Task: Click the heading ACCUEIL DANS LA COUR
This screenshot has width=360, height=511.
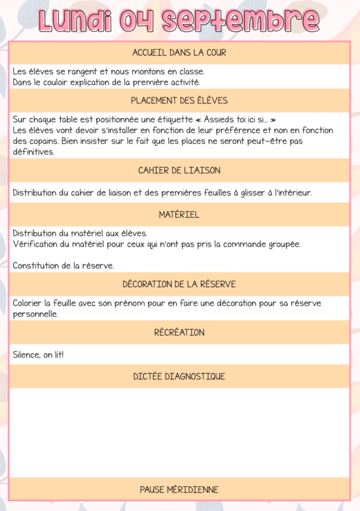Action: [x=179, y=53]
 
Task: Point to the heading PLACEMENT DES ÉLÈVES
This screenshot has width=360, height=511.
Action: [x=179, y=101]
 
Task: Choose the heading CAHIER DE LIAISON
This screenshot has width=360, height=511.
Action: [x=179, y=170]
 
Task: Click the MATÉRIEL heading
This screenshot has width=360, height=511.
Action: [x=179, y=215]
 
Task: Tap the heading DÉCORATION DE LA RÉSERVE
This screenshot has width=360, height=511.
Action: [x=179, y=284]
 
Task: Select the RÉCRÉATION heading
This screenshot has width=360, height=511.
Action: [x=179, y=332]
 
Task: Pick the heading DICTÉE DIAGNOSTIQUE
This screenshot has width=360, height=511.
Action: [x=179, y=376]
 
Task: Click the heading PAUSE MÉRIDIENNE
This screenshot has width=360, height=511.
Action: [x=179, y=489]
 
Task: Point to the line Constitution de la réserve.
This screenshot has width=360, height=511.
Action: [x=63, y=266]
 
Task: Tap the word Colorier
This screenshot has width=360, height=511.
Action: [x=28, y=303]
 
